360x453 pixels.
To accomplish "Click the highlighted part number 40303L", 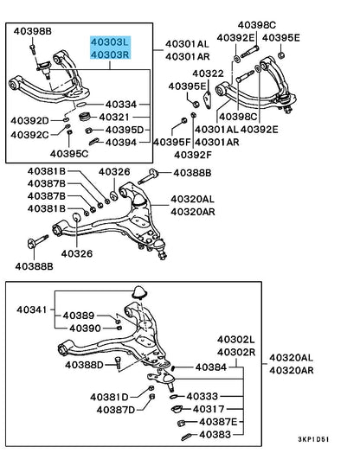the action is (110, 42).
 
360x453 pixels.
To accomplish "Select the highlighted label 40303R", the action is (110, 54).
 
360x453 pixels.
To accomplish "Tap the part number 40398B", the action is (32, 31).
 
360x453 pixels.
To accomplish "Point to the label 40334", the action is (121, 105).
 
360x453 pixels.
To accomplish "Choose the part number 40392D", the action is (29, 121).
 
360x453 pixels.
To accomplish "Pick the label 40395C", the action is (69, 154).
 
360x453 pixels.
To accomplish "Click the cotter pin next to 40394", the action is (94, 142).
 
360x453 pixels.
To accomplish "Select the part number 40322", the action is (209, 73).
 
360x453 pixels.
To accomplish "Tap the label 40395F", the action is (172, 142).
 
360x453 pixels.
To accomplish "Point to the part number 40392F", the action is (193, 155).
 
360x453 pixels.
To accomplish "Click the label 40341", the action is (31, 309).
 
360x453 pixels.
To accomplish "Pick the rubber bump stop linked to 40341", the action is (139, 292).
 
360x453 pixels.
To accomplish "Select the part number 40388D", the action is (84, 365).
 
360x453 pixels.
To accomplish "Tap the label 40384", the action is (211, 367).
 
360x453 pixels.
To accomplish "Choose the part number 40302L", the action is (236, 340).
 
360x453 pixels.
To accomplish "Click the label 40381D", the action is (109, 397).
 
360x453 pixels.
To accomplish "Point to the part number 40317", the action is (209, 409).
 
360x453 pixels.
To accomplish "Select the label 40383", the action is (215, 435).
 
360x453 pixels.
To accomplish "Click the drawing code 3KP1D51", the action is (313, 439).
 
